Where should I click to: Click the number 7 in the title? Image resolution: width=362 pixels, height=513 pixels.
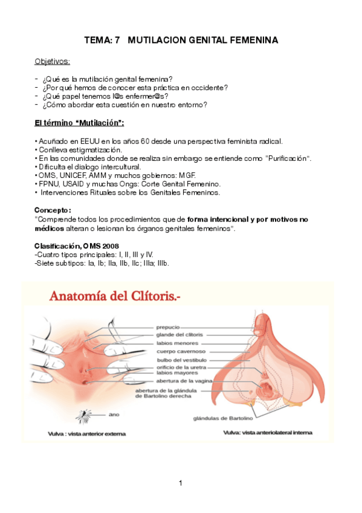tap(118, 40)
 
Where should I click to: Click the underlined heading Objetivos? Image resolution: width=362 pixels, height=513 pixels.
tap(52, 61)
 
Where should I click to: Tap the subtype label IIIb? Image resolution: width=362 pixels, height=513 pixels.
tap(161, 263)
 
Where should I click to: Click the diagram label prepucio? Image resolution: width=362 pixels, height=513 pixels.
tap(168, 327)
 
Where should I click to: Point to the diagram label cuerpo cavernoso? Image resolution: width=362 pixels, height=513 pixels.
tap(182, 351)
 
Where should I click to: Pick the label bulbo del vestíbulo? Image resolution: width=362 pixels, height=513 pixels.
tap(182, 359)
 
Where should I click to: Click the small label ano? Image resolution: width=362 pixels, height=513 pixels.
tap(114, 415)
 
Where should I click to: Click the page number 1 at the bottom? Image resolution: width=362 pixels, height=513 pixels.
tap(180, 483)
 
